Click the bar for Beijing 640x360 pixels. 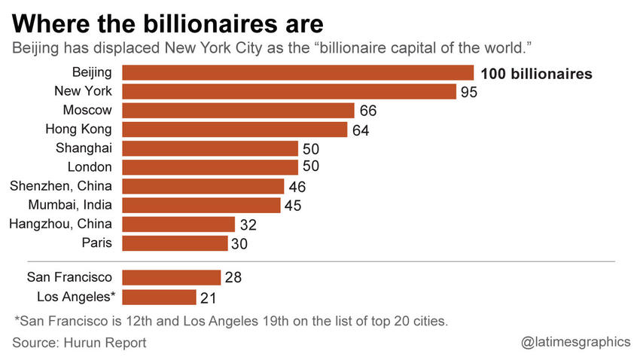click(x=297, y=73)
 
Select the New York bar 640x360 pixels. click(x=289, y=92)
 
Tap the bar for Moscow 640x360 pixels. click(x=238, y=111)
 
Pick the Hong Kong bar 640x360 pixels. click(x=234, y=130)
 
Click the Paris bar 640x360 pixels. click(x=175, y=243)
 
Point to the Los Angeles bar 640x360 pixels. click(x=159, y=297)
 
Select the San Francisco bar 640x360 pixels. click(x=171, y=278)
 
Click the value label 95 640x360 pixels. click(x=469, y=93)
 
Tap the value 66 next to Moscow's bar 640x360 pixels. click(x=367, y=111)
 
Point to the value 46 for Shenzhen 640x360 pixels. click(x=297, y=187)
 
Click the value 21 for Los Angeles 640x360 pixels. click(x=209, y=297)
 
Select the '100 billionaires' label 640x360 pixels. click(x=536, y=74)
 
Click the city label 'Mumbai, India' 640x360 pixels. click(x=70, y=205)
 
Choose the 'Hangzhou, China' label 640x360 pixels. click(x=60, y=224)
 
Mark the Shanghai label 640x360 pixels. click(x=84, y=148)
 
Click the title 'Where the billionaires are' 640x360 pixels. click(x=167, y=23)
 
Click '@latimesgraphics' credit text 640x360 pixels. click(x=576, y=342)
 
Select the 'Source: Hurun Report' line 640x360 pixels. click(x=79, y=343)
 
